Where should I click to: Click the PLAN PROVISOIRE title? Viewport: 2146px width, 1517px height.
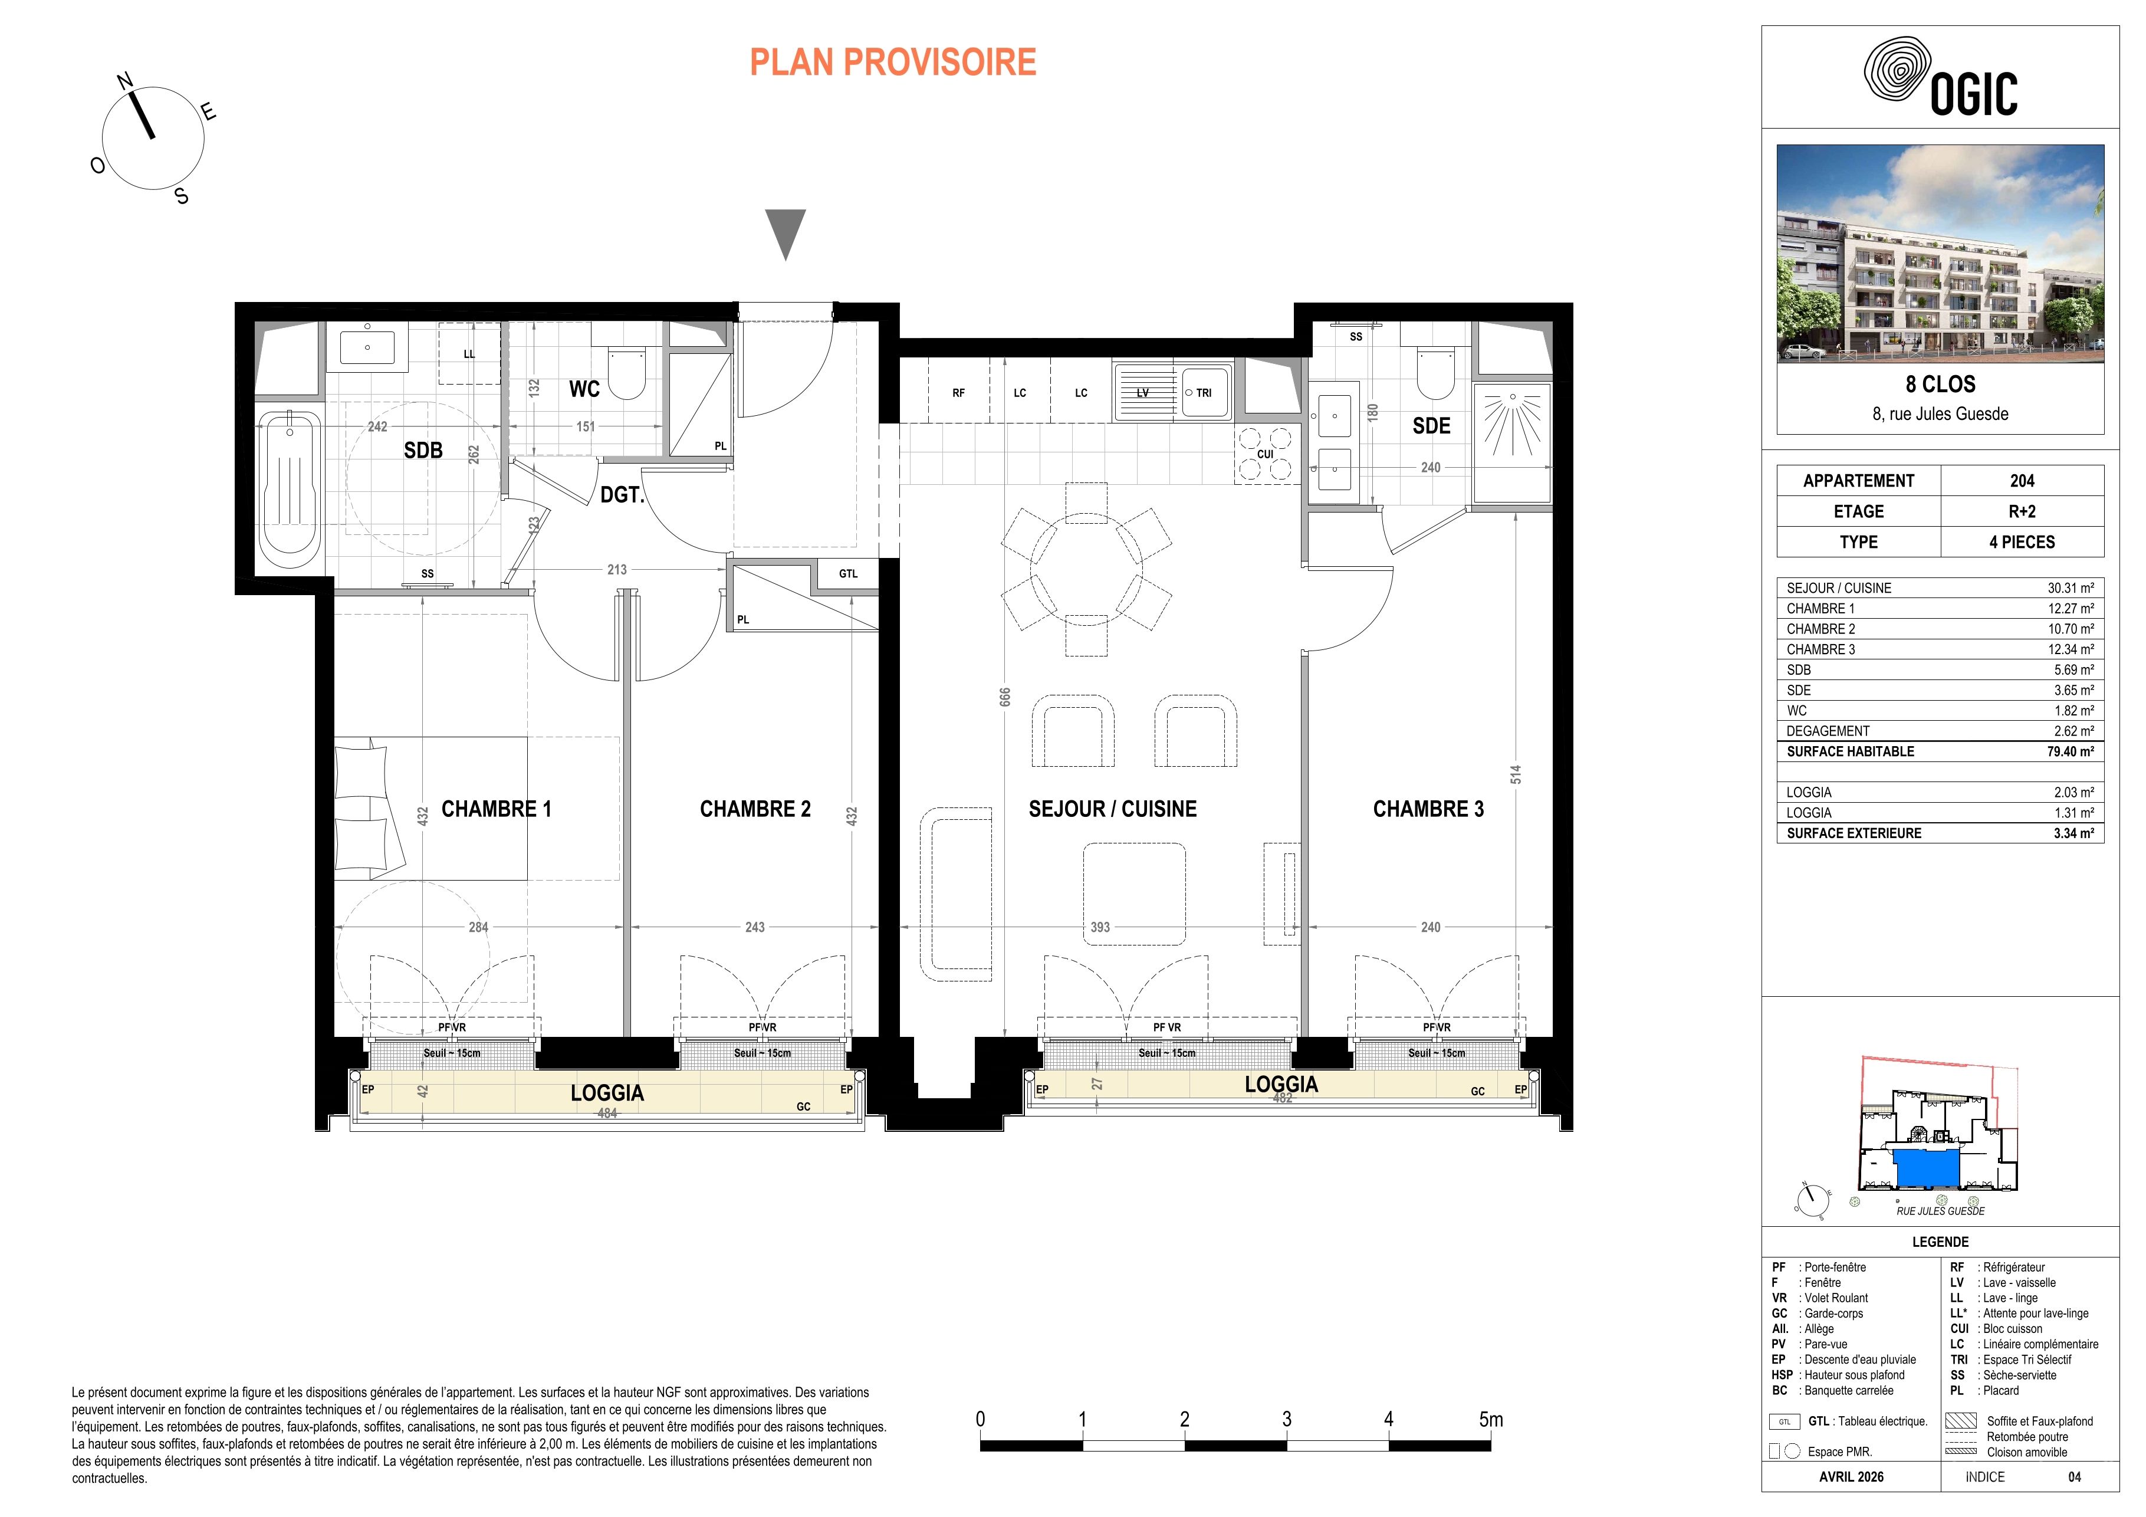tap(893, 63)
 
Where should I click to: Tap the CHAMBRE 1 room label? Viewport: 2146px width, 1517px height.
tap(497, 809)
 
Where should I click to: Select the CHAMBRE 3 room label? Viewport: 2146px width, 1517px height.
tap(1428, 809)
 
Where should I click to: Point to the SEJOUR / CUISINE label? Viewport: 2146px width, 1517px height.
tap(1112, 809)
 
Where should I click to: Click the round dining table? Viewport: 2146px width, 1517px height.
tap(1086, 569)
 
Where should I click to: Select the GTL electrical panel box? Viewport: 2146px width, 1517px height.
tap(848, 574)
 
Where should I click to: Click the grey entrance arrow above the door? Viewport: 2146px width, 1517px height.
tap(785, 234)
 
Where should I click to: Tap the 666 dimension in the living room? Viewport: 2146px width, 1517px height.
tap(1005, 697)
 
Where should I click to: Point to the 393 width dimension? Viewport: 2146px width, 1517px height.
tap(1100, 927)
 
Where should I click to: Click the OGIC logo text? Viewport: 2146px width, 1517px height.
tap(1973, 94)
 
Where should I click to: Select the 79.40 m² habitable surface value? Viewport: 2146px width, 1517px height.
tap(2073, 751)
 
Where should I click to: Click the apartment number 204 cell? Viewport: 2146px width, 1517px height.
tap(2022, 481)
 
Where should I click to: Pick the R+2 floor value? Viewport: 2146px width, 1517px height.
tap(2022, 511)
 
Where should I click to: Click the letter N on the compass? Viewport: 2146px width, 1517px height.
tap(124, 81)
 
